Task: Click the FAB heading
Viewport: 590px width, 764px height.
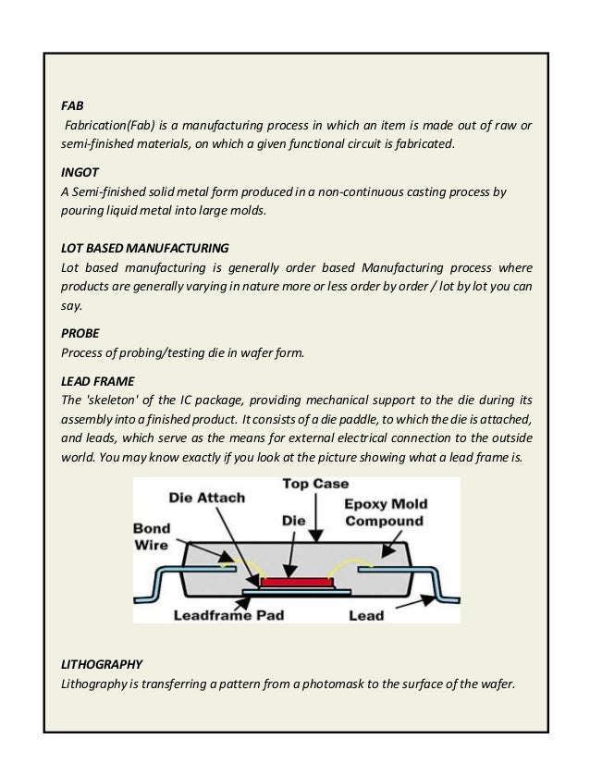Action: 72,105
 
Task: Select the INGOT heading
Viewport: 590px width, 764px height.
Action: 80,172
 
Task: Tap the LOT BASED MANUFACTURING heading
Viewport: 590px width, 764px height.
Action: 144,248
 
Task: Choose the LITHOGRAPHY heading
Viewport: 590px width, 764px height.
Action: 102,664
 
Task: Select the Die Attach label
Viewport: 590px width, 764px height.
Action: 207,498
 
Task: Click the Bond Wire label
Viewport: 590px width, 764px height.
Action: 150,536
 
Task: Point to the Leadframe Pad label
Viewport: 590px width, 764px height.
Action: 228,614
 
